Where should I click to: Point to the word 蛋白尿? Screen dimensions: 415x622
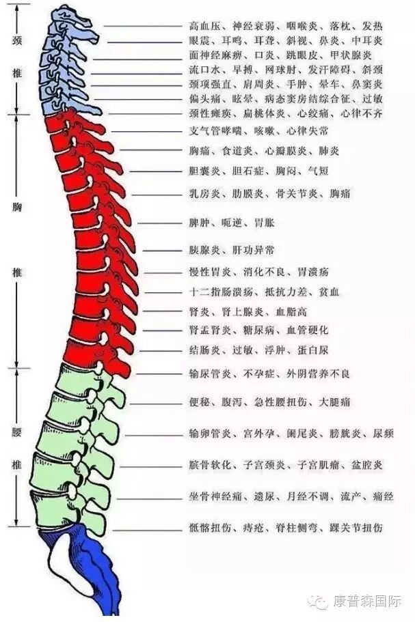tap(316, 350)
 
